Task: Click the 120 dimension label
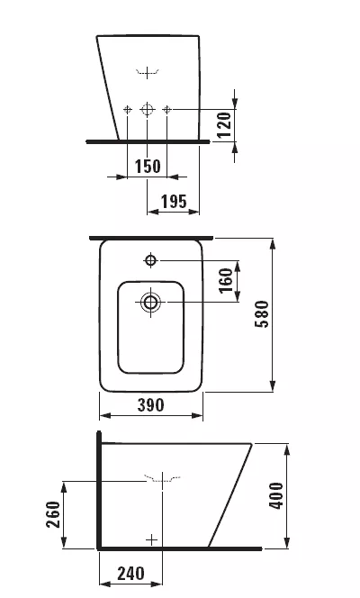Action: tap(224, 125)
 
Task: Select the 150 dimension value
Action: tap(148, 167)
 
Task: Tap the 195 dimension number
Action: tap(174, 202)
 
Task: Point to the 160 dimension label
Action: tap(226, 280)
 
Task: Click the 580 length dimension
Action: tap(262, 314)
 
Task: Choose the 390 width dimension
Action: tap(151, 405)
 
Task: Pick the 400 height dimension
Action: tap(276, 496)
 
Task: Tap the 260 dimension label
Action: tap(53, 514)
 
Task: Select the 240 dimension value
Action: tap(130, 574)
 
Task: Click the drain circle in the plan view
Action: tap(150, 302)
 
